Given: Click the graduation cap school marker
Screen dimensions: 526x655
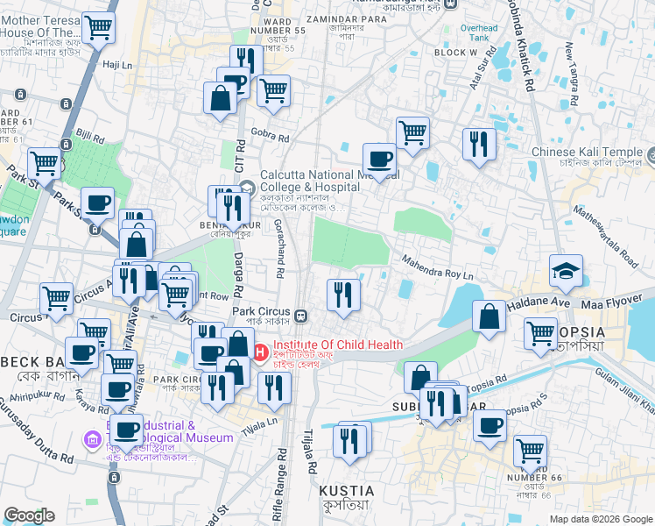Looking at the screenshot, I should click(566, 272).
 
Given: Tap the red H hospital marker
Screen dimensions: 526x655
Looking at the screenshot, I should click(260, 352).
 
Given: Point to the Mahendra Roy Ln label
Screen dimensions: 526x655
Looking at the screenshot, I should click(437, 266).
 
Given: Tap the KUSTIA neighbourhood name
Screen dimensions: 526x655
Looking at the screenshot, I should click(346, 491).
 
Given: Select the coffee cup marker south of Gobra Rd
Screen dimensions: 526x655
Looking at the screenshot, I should click(379, 159).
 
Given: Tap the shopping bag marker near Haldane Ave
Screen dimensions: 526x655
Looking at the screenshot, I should click(489, 316).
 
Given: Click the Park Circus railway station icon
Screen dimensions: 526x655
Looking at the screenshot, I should click(300, 316).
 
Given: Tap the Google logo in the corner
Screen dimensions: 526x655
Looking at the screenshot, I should click(29, 515).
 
